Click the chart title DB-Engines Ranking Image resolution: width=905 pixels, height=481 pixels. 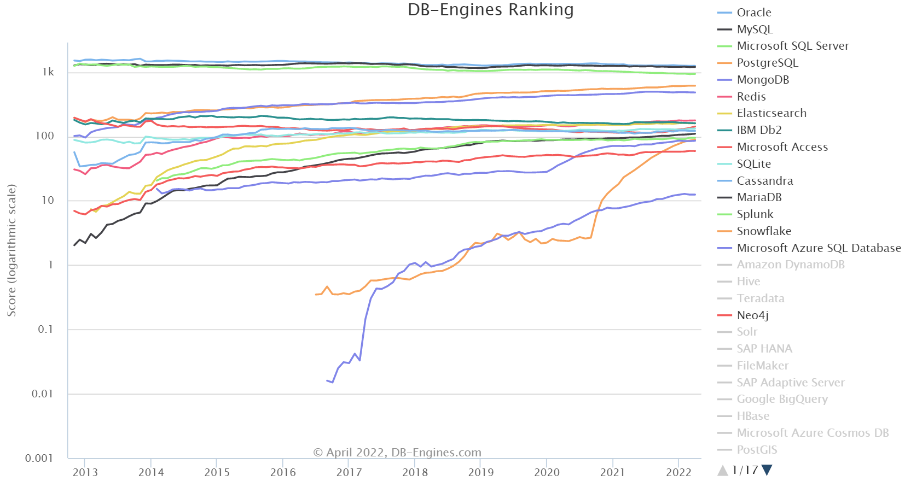490,10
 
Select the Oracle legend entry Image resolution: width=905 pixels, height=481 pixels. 753,13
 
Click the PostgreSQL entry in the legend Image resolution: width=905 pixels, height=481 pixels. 767,63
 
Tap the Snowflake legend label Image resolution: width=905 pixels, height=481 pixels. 764,231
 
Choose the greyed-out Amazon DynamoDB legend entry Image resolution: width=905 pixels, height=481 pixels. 790,265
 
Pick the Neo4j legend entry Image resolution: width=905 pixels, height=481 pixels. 752,315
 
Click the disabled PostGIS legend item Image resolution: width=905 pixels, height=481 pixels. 757,450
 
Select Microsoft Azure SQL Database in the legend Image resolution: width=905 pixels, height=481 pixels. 819,248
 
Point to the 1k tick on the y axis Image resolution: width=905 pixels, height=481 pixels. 48,72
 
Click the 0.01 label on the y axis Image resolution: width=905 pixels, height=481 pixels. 43,394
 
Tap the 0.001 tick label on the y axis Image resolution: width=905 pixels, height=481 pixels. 39,458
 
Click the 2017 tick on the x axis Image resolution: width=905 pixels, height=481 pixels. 349,472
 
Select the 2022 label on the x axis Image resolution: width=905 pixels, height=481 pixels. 678,472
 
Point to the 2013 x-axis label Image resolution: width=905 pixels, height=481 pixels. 85,472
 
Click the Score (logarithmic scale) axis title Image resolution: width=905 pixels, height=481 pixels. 11,250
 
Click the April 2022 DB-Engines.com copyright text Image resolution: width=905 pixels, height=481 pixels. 397,453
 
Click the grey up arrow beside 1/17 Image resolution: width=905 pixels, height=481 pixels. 723,470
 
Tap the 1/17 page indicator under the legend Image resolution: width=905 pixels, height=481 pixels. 745,470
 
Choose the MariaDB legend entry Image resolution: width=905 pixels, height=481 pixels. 759,197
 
